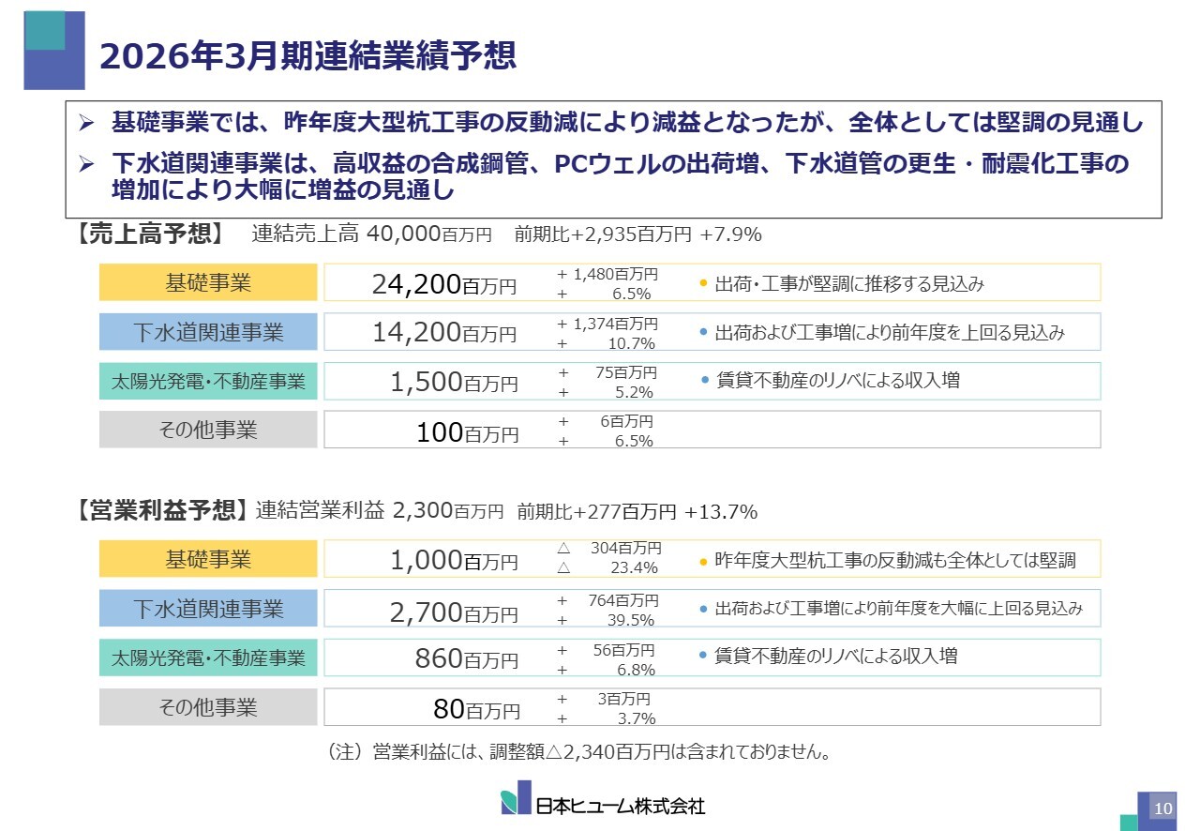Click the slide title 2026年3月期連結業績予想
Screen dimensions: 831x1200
click(307, 54)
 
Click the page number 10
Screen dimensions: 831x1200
click(1162, 808)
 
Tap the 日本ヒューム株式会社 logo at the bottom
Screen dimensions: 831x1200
click(603, 802)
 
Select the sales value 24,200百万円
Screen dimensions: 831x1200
click(443, 283)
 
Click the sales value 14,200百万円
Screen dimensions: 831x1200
click(443, 332)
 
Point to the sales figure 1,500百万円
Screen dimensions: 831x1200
click(454, 382)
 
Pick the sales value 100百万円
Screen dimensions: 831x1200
click(467, 431)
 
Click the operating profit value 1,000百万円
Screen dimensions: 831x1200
click(454, 560)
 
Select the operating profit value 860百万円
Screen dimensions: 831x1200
click(466, 658)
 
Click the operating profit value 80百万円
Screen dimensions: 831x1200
click(475, 708)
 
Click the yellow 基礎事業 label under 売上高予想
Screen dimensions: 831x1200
click(208, 282)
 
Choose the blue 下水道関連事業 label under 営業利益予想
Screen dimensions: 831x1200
click(208, 609)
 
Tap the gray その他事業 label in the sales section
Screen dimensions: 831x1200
click(208, 431)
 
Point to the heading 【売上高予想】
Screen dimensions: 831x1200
click(149, 234)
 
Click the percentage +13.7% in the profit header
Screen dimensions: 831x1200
click(720, 512)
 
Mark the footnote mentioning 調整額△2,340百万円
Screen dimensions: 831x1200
click(578, 752)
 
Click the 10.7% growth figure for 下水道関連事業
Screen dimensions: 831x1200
click(631, 343)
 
